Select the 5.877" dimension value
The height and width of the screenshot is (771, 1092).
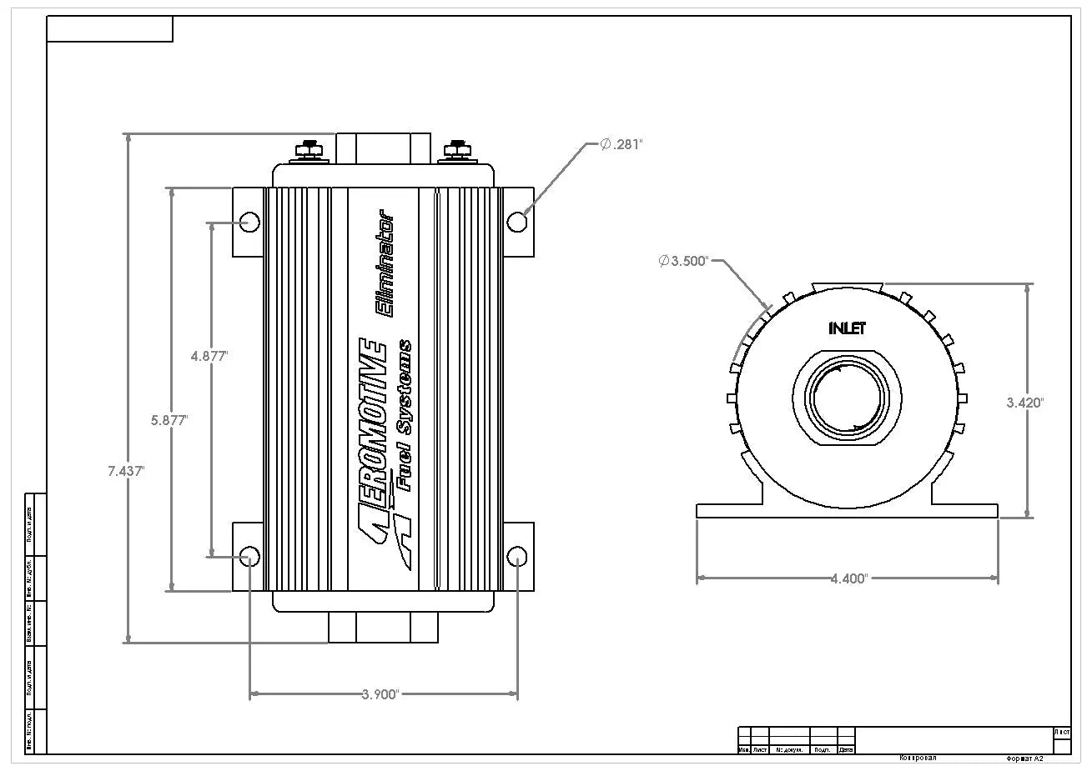[169, 420]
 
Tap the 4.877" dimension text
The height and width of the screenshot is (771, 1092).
[209, 355]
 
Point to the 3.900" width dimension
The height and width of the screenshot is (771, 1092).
[382, 693]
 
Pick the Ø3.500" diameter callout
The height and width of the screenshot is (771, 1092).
[683, 261]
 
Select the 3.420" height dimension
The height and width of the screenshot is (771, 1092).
[1025, 402]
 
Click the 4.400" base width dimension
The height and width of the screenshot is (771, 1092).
[848, 578]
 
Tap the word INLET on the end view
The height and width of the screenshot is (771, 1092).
[847, 328]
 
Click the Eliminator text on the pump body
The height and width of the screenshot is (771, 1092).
[386, 266]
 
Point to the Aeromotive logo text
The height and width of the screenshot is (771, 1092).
[373, 442]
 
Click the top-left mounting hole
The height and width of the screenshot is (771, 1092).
[249, 221]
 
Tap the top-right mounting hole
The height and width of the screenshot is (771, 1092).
[517, 222]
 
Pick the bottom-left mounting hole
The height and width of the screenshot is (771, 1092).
[249, 557]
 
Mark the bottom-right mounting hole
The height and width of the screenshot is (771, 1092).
[517, 557]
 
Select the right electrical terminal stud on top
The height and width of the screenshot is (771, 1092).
[456, 150]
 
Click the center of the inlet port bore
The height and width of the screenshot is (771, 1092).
[847, 398]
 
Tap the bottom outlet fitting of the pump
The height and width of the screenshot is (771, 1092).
[383, 628]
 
